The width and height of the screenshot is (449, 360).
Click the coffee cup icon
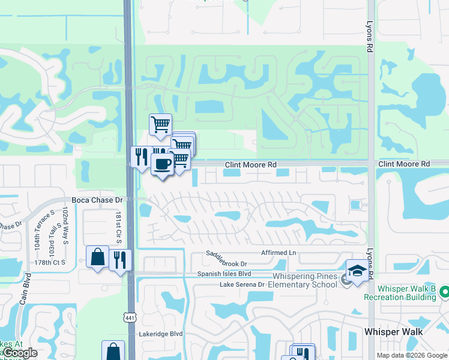tap(162, 163)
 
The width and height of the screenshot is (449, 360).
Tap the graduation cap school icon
tap(357, 271)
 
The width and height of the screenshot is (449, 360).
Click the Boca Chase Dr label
tap(97, 199)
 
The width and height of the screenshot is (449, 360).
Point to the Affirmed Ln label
tap(279, 253)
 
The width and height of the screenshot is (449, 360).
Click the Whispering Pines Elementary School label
tap(305, 280)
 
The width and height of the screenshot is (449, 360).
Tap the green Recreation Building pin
tap(444, 292)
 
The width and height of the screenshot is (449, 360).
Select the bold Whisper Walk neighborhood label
tap(393, 332)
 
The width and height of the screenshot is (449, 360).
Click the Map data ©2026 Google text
tap(412, 355)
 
